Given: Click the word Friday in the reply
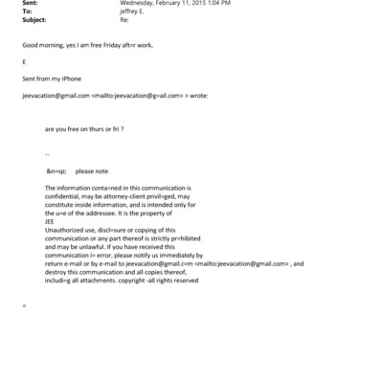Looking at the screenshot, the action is (x=106, y=46).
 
